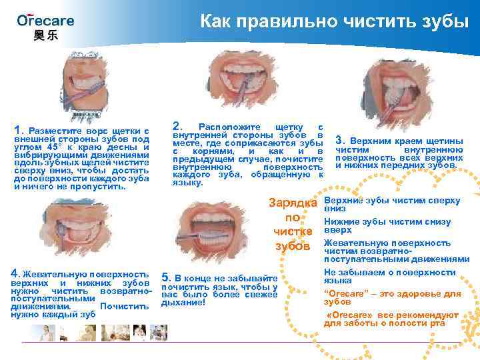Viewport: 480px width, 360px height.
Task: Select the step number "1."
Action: pyautogui.click(x=19, y=129)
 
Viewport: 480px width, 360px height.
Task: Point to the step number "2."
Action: pyautogui.click(x=177, y=125)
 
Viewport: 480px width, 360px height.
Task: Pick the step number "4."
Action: pyautogui.click(x=16, y=273)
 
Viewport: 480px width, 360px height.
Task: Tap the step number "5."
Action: pyautogui.click(x=166, y=277)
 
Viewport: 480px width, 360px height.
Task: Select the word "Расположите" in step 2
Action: pyautogui.click(x=229, y=127)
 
